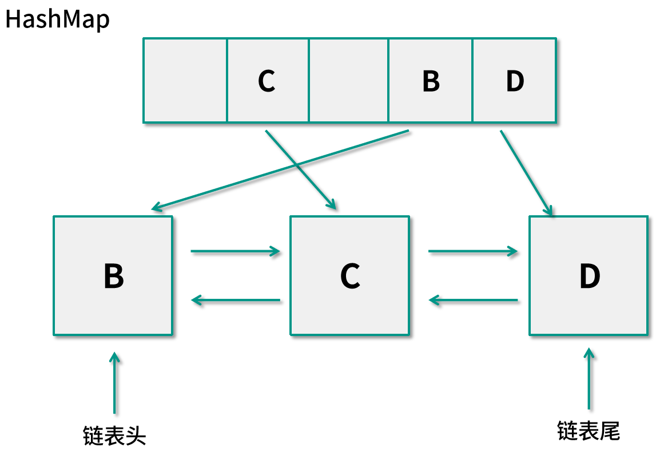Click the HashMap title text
coord(57,19)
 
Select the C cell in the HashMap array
coord(268,80)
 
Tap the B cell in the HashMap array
coord(431,80)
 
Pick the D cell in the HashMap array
coord(514,80)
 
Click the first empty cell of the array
coord(185,80)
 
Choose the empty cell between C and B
coord(348,80)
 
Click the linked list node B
coord(113,275)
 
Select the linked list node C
coord(350,275)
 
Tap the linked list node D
coord(589,275)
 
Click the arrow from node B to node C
coord(236,251)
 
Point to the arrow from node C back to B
coord(236,300)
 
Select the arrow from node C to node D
coord(473,251)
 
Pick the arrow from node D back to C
coord(473,300)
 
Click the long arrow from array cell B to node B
coord(280,169)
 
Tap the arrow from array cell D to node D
coord(526,173)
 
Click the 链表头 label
coord(114,436)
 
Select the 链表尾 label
coord(589,431)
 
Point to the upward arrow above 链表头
coord(114,383)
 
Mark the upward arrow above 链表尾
coord(589,378)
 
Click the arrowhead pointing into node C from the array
coord(332,204)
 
